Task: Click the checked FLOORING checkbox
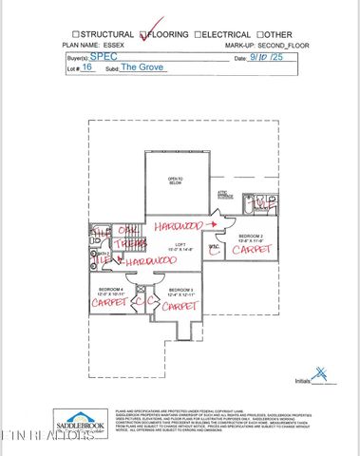(x=143, y=34)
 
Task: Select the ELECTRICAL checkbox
(x=198, y=34)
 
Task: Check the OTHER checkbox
(x=259, y=34)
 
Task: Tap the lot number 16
(x=87, y=69)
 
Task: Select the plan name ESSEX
(x=119, y=45)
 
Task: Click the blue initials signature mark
(x=325, y=375)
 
